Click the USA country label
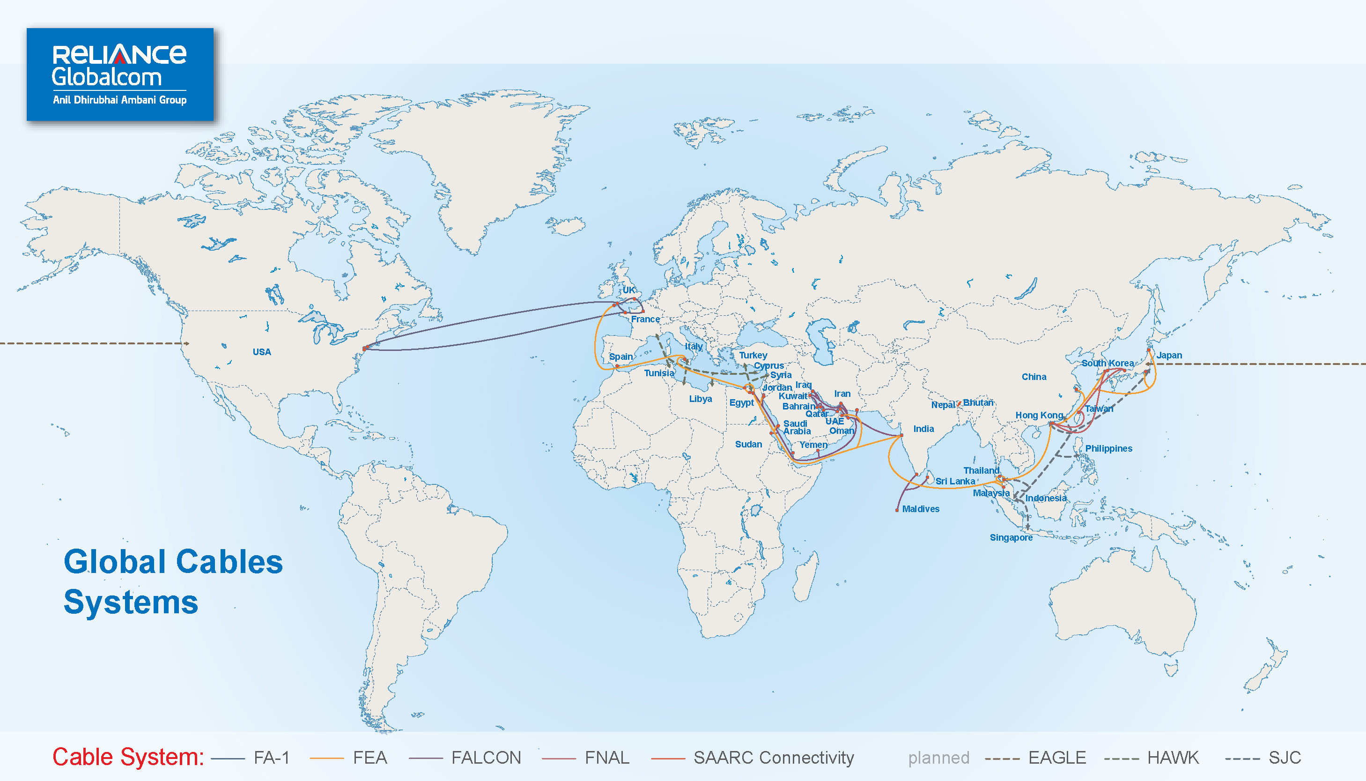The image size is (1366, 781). (x=262, y=352)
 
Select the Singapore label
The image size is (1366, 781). (x=1011, y=537)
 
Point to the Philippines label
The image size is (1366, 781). (x=1108, y=448)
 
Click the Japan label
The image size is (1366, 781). (x=1169, y=355)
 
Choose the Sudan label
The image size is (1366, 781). (x=748, y=444)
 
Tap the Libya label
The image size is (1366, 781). (x=700, y=399)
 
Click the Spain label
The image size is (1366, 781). (x=621, y=357)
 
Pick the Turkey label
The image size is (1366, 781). (x=753, y=355)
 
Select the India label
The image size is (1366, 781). (x=923, y=429)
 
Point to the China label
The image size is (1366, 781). (x=1034, y=377)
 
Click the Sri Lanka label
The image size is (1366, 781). (x=955, y=481)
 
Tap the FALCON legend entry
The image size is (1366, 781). (x=486, y=758)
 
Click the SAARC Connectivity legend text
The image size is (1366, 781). (x=773, y=758)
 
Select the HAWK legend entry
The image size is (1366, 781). (x=1173, y=758)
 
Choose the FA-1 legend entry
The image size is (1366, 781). (x=271, y=758)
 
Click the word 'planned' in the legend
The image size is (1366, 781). (x=938, y=758)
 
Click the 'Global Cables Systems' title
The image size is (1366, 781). (x=173, y=581)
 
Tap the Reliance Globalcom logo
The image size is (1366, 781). (x=120, y=74)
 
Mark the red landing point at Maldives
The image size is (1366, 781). (x=897, y=510)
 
